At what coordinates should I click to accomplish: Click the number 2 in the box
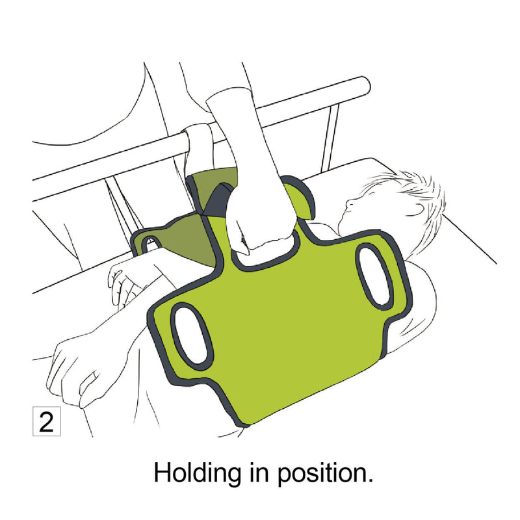coord(46,421)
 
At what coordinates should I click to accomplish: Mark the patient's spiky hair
coord(416,188)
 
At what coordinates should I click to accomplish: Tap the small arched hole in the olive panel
coord(150,244)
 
